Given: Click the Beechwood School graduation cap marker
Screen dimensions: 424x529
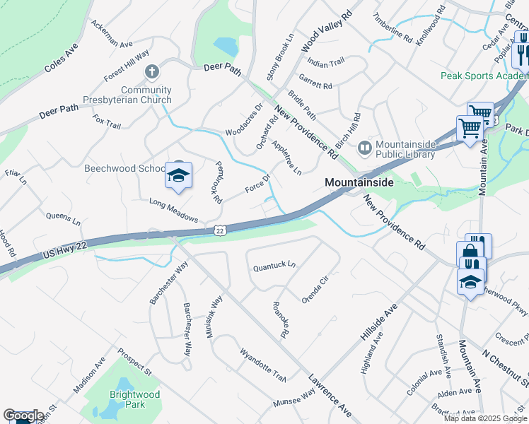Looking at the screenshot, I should pyautogui.click(x=179, y=177).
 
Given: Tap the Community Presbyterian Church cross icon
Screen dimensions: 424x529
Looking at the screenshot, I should pyautogui.click(x=151, y=72).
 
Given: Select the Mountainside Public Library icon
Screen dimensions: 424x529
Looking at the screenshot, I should pyautogui.click(x=365, y=148).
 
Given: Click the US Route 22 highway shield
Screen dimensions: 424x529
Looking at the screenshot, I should pyautogui.click(x=219, y=230).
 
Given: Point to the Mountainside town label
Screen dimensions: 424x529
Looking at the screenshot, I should pyautogui.click(x=359, y=182).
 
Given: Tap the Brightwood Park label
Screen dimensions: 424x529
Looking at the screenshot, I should pyautogui.click(x=134, y=399).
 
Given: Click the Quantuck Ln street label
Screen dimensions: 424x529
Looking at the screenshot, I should pyautogui.click(x=274, y=267).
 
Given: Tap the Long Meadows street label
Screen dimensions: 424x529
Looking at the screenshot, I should pyautogui.click(x=173, y=210).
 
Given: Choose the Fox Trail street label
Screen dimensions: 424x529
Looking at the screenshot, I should pyautogui.click(x=107, y=123).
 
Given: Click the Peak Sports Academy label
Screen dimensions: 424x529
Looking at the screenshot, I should pyautogui.click(x=484, y=76).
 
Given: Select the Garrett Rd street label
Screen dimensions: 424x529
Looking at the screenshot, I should pyautogui.click(x=315, y=86).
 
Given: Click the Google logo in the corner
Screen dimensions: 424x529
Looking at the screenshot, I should pyautogui.click(x=23, y=416).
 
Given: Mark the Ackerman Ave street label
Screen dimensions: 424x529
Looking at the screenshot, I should pyautogui.click(x=112, y=33).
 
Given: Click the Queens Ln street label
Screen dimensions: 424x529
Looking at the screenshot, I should pyautogui.click(x=63, y=218).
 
